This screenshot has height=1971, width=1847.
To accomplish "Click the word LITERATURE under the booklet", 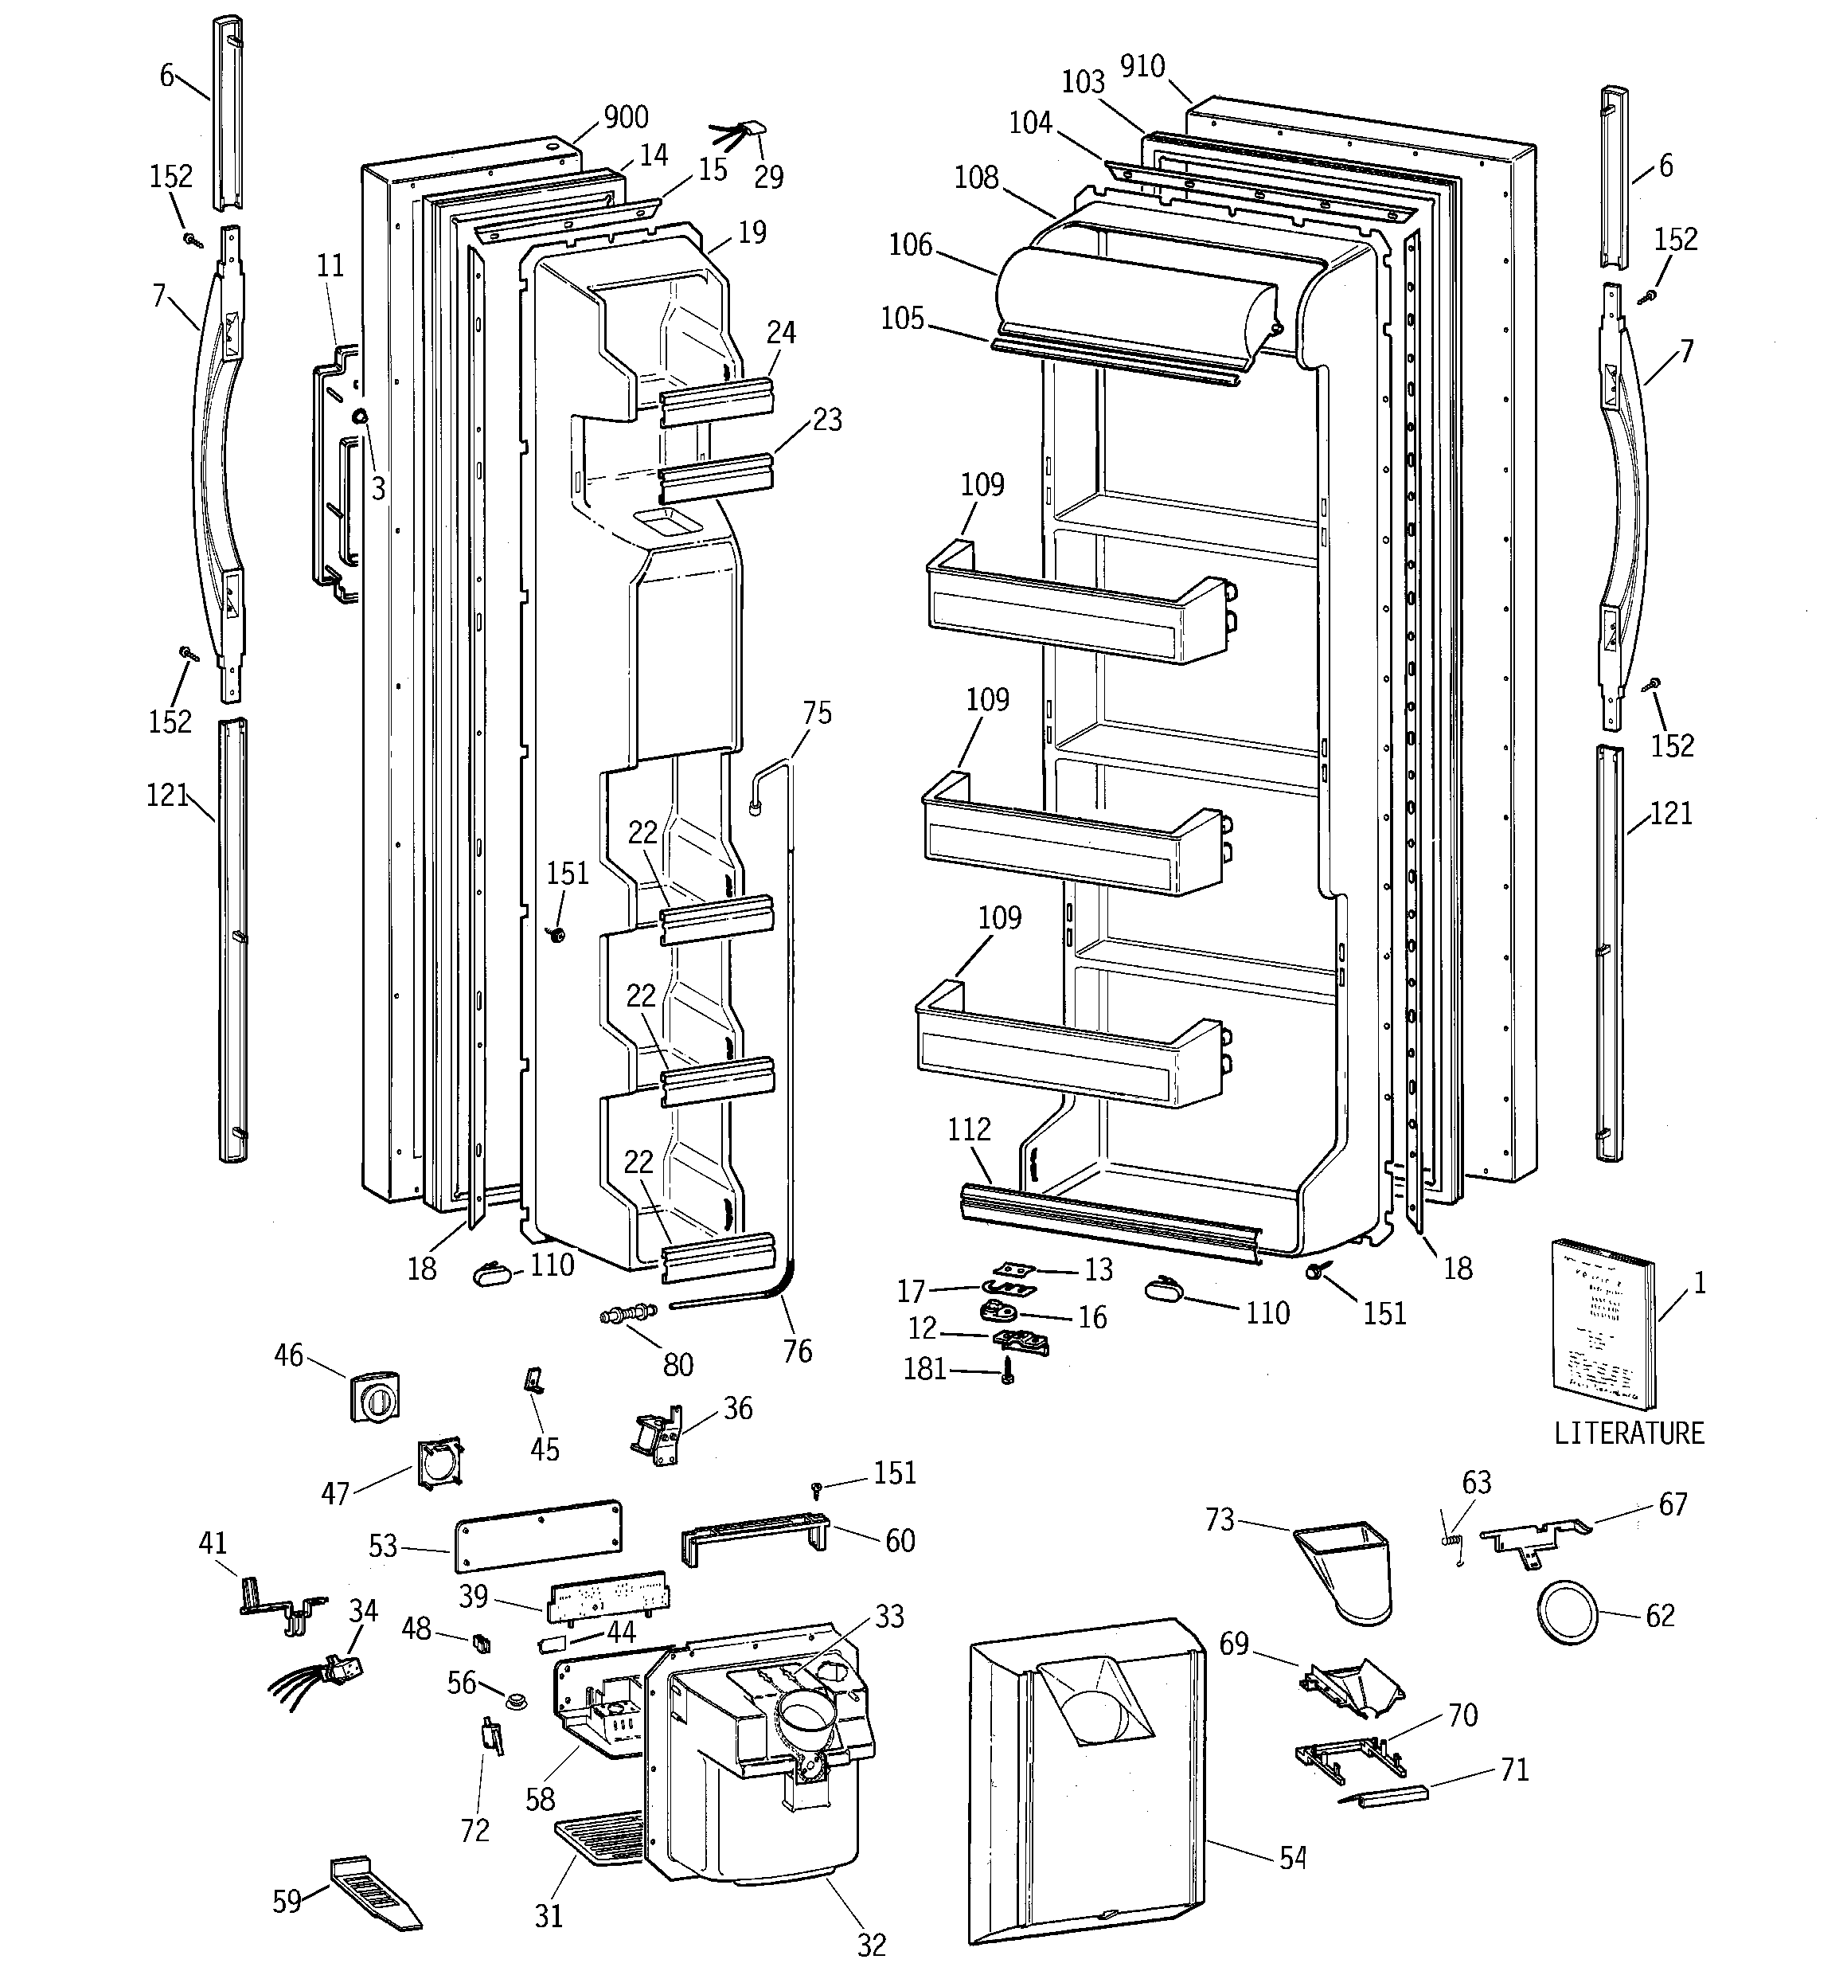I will tap(1628, 1433).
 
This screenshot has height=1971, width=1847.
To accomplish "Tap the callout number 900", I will tap(626, 117).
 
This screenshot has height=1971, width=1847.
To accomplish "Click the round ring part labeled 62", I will tap(1568, 1613).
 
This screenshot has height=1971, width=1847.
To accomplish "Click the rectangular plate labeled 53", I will tap(538, 1535).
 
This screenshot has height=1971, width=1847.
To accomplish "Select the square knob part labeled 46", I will tap(376, 1397).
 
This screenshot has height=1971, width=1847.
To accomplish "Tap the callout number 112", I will tap(969, 1129).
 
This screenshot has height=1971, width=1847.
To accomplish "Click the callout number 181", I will tap(924, 1369).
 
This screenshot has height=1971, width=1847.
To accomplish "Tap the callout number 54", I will tap(1293, 1858).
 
